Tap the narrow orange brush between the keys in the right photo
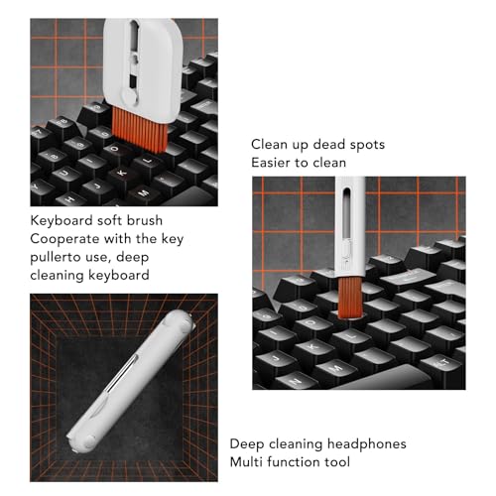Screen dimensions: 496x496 pyautogui.click(x=350, y=298)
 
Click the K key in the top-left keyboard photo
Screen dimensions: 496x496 pyautogui.click(x=123, y=173)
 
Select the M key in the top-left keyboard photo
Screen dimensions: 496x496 pyautogui.click(x=144, y=192)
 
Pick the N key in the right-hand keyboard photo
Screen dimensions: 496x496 pyautogui.click(x=296, y=380)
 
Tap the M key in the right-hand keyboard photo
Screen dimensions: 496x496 pyautogui.click(x=336, y=367)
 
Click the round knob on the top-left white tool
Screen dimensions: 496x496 pyautogui.click(x=130, y=96)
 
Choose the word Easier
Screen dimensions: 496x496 pyautogui.click(x=271, y=163)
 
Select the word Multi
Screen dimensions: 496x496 pyautogui.click(x=246, y=462)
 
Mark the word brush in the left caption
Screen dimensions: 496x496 pyautogui.click(x=145, y=220)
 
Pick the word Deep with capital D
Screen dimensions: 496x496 pyautogui.click(x=247, y=444)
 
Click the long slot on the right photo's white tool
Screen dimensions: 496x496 pyautogui.click(x=346, y=213)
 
